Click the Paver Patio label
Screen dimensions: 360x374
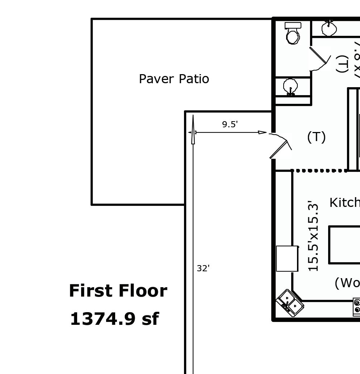point(174,79)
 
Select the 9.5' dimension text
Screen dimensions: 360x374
point(230,124)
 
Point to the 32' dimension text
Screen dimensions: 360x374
point(203,268)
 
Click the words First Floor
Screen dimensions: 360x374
point(118,291)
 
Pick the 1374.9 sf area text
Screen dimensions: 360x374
point(114,319)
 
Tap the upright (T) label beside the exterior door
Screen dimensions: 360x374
point(316,137)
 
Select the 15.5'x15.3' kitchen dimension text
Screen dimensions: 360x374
point(313,235)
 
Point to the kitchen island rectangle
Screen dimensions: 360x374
point(344,245)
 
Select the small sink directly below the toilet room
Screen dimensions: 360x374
point(290,87)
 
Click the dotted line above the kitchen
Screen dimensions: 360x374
point(319,170)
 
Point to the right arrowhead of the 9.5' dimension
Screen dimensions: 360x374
point(263,132)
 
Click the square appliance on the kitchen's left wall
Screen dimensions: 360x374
point(287,259)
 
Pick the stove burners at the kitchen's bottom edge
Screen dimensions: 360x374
point(357,306)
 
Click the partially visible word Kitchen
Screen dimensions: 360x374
point(344,203)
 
